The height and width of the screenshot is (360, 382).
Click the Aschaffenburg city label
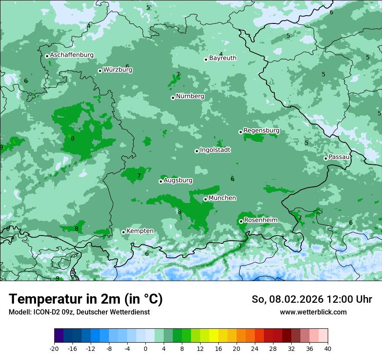pos(72,55)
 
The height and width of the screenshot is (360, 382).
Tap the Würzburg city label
pos(118,70)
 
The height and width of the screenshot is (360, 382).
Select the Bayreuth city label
pos(223,58)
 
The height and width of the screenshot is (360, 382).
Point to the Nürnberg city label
pos(190,96)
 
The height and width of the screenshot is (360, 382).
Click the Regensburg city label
pos(261,131)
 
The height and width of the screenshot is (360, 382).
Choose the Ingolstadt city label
pos(215,150)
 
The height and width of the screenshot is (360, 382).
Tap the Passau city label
pos(339,157)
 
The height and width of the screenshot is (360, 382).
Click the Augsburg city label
pos(178,180)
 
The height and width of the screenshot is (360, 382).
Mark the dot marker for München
pos(205,199)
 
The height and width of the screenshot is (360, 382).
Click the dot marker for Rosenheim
pos(241,221)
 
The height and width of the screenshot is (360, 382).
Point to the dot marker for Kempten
pos(123,232)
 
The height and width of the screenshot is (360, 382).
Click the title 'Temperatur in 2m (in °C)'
pos(86,299)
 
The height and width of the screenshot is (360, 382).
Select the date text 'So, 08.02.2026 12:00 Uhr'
pos(312,299)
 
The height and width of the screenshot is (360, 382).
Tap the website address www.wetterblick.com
pos(313,312)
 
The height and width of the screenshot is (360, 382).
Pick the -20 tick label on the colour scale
pos(54,348)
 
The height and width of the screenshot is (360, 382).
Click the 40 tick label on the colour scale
pos(328,348)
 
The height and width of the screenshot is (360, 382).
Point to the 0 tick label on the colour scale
pos(145,348)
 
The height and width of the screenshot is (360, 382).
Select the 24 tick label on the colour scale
pos(255,348)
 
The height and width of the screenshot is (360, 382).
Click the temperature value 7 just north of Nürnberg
pos(178,75)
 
